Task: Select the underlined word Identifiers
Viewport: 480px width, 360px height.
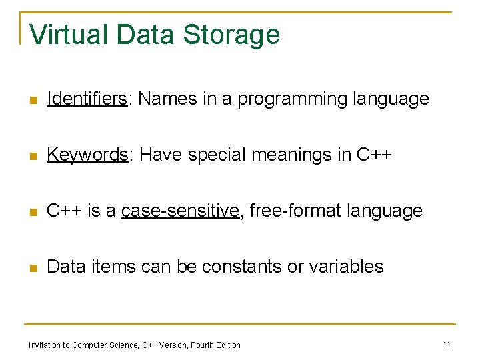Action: pyautogui.click(x=87, y=99)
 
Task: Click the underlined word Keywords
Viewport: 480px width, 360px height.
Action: pyautogui.click(x=87, y=155)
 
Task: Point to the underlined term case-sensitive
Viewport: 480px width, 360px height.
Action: pyautogui.click(x=181, y=211)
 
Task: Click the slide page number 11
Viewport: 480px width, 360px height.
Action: pyautogui.click(x=447, y=344)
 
